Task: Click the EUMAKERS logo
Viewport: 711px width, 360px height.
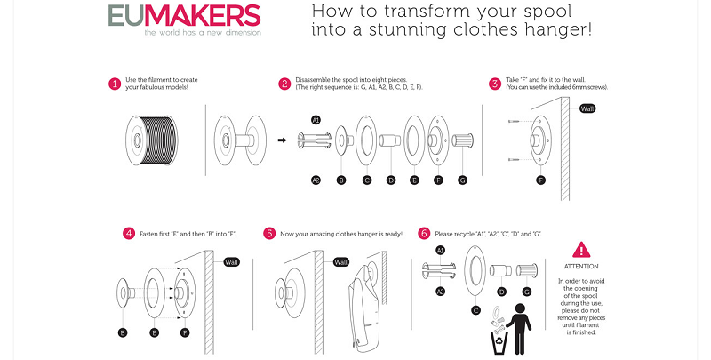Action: (x=183, y=17)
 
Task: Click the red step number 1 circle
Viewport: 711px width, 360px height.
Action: (x=115, y=84)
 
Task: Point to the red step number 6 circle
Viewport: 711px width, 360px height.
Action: (x=424, y=234)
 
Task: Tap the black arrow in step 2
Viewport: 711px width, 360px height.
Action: (x=282, y=140)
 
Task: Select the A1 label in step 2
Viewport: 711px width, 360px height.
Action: (x=316, y=119)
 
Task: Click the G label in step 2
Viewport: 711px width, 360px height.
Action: (x=461, y=180)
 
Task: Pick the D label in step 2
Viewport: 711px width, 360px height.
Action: (x=390, y=180)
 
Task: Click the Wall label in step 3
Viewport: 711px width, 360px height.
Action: (x=587, y=108)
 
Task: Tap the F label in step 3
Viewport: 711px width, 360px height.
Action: (x=539, y=180)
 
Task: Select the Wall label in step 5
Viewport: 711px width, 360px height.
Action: (x=340, y=262)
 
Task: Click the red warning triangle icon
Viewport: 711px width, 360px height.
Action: (x=581, y=250)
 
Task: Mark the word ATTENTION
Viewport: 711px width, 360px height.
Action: (x=581, y=267)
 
